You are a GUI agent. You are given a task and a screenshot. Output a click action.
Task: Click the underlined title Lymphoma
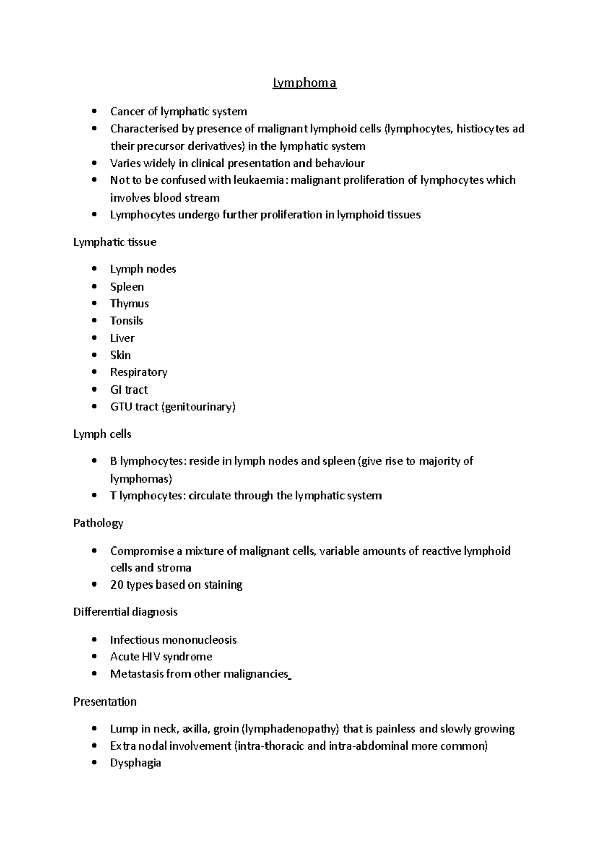point(305,83)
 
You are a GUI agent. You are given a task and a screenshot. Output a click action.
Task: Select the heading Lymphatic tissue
point(115,242)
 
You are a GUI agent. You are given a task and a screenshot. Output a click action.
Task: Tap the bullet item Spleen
point(127,287)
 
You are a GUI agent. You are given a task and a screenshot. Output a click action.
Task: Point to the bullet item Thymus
point(130,304)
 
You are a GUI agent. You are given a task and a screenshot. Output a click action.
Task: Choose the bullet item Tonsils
point(127,321)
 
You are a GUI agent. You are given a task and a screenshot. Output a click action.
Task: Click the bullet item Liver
point(122,338)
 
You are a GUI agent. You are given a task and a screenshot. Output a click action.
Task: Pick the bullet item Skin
point(121,355)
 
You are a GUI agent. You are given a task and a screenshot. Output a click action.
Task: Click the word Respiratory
point(139,372)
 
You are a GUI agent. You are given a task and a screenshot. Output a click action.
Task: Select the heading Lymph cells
point(102,434)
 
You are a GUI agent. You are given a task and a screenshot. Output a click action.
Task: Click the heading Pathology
point(98,523)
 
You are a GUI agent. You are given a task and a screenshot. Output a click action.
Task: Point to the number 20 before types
point(117,585)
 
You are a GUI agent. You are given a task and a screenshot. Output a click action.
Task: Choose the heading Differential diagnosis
point(126,612)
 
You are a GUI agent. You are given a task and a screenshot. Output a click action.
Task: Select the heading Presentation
point(105,702)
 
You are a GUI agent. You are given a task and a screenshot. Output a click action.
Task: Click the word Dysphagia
point(135,763)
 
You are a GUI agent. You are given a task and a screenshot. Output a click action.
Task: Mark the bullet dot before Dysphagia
point(94,763)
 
